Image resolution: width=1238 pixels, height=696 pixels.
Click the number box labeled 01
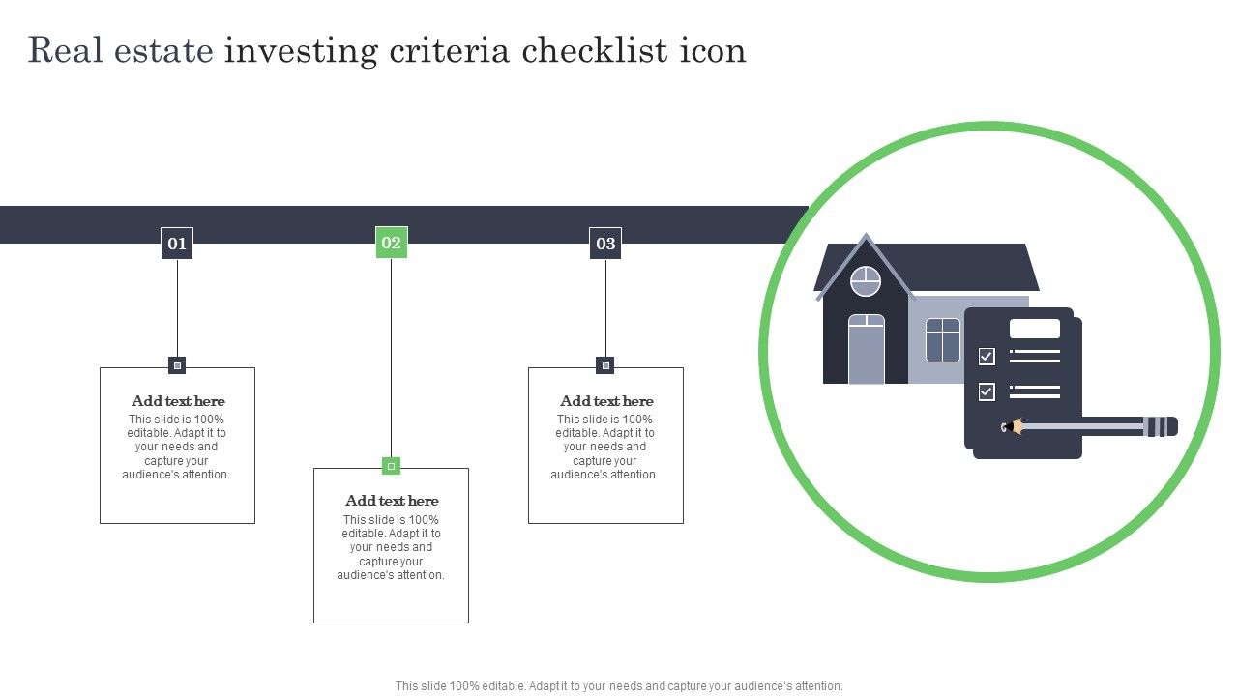[x=177, y=243]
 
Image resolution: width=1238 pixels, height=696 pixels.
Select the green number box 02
[x=392, y=242]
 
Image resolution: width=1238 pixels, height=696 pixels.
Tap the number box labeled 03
[x=605, y=243]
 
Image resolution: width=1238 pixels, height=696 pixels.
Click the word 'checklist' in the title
[x=594, y=50]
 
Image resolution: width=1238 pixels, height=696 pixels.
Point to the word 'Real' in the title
[x=65, y=50]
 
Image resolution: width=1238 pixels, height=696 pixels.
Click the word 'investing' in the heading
[x=301, y=51]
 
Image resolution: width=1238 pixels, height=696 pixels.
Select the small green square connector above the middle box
[x=392, y=466]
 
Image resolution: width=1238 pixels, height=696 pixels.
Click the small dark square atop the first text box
[x=177, y=365]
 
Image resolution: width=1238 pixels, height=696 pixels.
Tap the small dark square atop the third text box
[x=605, y=365]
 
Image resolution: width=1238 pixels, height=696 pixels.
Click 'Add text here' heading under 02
[x=392, y=501]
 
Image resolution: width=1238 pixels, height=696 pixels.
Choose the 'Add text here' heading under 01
[x=178, y=401]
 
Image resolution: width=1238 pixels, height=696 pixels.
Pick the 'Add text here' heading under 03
[x=606, y=401]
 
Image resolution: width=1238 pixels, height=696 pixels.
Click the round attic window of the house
[x=866, y=281]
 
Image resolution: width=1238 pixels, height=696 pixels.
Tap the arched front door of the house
[x=866, y=349]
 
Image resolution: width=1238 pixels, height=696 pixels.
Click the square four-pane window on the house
[x=942, y=340]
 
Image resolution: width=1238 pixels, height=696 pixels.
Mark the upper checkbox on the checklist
[x=987, y=357]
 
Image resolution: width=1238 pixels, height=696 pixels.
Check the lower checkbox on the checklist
[x=987, y=391]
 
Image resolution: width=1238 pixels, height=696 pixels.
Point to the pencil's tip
[x=1003, y=427]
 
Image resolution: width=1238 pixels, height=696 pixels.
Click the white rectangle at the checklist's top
[x=1035, y=329]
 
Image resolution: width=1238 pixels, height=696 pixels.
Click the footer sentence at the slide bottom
[x=619, y=686]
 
